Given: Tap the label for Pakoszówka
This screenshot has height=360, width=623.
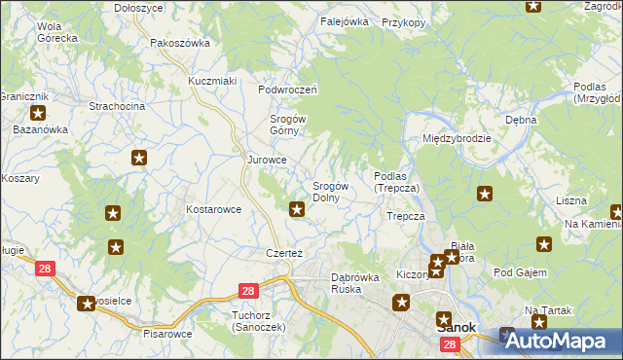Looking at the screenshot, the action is point(180,43).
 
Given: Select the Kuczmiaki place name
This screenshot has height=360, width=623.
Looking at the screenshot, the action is point(213,81).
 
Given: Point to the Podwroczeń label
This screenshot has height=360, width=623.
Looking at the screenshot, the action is point(288,90).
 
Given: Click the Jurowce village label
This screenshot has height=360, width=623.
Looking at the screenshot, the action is point(267,160).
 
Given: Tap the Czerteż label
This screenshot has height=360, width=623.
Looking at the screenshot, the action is point(285,252).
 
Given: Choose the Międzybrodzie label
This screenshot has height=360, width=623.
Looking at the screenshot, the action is point(457,138).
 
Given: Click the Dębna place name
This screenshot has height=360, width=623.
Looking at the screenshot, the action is point(521,120).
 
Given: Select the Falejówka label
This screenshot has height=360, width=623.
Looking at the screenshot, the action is point(344,20).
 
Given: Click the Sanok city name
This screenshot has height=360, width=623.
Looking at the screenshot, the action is point(453,328).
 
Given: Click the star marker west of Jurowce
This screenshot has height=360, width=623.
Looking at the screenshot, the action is point(140,158).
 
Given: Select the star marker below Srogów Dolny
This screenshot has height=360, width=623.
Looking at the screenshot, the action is point(297,207).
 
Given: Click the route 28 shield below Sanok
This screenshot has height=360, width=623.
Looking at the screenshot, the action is point(449,345).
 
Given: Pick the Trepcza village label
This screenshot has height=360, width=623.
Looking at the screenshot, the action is point(406,216).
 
